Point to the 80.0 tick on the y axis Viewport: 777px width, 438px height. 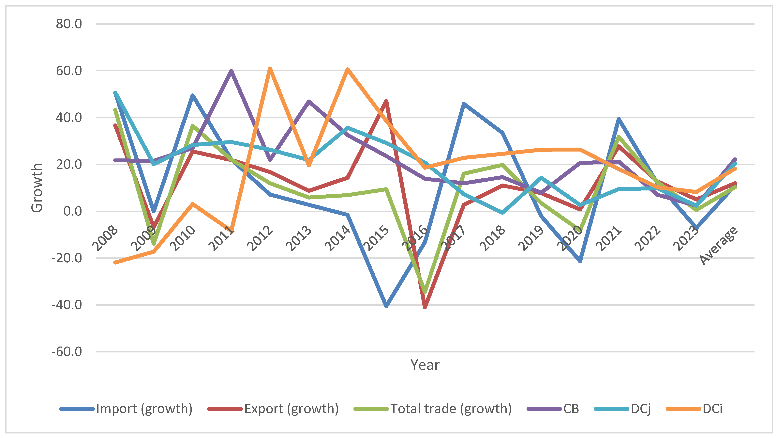pyautogui.click(x=69, y=24)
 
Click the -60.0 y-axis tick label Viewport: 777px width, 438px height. pyautogui.click(x=67, y=352)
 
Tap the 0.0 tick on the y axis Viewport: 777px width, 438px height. pyautogui.click(x=72, y=211)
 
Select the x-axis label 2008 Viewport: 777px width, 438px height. pyautogui.click(x=105, y=238)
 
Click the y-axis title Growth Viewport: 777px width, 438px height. pyautogui.click(x=37, y=188)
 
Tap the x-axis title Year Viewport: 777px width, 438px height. pyautogui.click(x=425, y=365)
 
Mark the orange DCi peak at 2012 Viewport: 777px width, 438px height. pyautogui.click(x=270, y=69)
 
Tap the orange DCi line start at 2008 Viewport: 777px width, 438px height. pyautogui.click(x=115, y=262)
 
